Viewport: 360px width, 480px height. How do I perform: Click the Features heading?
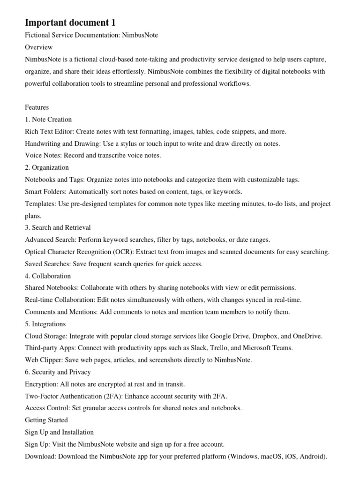(x=37, y=107)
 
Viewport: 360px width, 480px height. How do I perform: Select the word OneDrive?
(x=307, y=336)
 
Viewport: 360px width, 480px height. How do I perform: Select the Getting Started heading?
(x=46, y=420)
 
